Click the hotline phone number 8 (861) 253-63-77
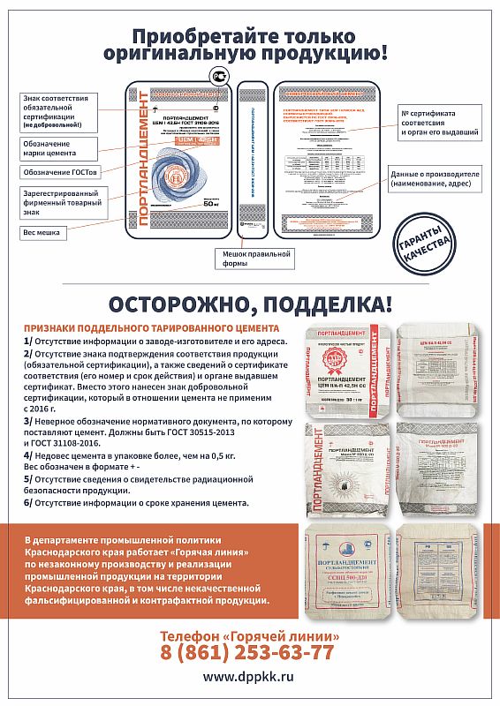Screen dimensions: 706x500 (x=248, y=652)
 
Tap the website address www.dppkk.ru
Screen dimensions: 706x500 (x=248, y=677)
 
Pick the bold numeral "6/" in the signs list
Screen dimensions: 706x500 (x=28, y=502)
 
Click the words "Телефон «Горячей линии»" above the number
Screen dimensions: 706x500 (x=248, y=635)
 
